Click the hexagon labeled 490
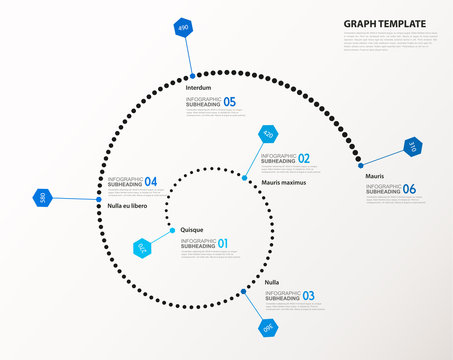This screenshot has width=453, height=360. point(183,28)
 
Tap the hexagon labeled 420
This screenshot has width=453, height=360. point(267,135)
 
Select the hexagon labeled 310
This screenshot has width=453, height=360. point(412,147)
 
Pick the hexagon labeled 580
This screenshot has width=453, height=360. point(42,198)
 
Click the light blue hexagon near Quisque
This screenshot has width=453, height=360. point(141,246)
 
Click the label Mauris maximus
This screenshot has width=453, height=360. point(283,183)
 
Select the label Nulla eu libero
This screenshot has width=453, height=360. point(127,206)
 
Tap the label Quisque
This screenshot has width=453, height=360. point(191,229)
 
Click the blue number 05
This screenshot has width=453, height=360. point(230,102)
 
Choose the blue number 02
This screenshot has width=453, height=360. point(303,158)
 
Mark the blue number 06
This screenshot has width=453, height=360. point(409,189)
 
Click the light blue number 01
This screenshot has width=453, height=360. point(223,243)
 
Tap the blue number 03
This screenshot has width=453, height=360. point(308,295)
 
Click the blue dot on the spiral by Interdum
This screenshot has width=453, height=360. point(191,76)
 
